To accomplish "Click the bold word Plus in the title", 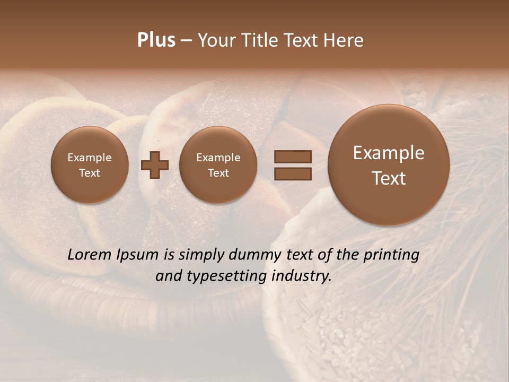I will pos(156,40).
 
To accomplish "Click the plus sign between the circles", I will pos(155,165).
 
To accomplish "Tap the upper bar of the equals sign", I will pos(293,157).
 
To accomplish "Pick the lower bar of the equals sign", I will pos(293,173).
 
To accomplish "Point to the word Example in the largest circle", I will pos(389,153).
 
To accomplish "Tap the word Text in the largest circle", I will pos(389,178).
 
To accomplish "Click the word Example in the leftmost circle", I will pos(89,158).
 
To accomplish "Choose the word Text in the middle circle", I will pos(218,173).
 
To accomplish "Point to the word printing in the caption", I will pos(391,255).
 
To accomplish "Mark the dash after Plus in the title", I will pos(186,41).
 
